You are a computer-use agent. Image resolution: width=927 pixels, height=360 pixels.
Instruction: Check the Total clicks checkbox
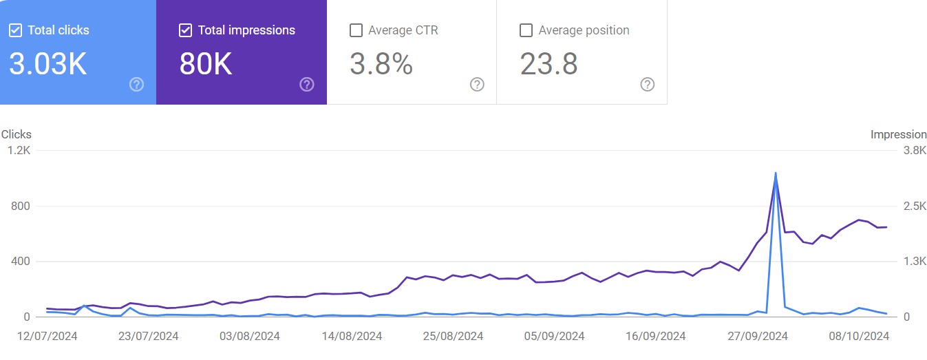pyautogui.click(x=16, y=30)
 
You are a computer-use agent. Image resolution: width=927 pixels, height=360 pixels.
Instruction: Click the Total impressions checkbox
pyautogui.click(x=185, y=30)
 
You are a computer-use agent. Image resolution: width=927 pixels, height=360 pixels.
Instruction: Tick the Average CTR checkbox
pyautogui.click(x=356, y=30)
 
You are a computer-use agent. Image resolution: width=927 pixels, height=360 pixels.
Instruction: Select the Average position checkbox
pyautogui.click(x=526, y=30)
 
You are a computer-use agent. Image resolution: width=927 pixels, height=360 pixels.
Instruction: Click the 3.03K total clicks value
pyautogui.click(x=48, y=64)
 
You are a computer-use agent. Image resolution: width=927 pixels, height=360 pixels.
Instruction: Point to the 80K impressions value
pyautogui.click(x=206, y=64)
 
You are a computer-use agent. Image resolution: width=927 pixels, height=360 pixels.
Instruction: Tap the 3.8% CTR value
pyautogui.click(x=381, y=64)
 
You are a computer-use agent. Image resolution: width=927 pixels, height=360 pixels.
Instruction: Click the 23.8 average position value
pyautogui.click(x=548, y=64)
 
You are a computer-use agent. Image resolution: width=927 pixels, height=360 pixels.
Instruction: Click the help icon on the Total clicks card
pyautogui.click(x=136, y=84)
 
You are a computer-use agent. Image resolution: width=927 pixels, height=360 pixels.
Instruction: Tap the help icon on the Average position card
pyautogui.click(x=647, y=84)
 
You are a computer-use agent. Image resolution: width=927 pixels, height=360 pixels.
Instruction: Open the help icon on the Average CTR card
pyautogui.click(x=477, y=84)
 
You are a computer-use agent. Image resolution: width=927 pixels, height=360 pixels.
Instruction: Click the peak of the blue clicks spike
pyautogui.click(x=776, y=173)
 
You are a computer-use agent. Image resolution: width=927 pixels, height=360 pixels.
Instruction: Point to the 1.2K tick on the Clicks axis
pyautogui.click(x=21, y=151)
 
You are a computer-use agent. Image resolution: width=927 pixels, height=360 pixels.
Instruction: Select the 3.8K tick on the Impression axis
pyautogui.click(x=914, y=151)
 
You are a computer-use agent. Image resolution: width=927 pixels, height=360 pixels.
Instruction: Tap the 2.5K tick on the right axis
pyautogui.click(x=914, y=206)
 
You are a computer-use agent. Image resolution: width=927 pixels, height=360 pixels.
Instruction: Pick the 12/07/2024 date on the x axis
pyautogui.click(x=47, y=336)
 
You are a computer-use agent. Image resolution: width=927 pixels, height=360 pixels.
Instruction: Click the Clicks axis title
pyautogui.click(x=17, y=135)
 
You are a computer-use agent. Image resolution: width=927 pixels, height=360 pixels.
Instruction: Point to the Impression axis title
pyautogui.click(x=899, y=135)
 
